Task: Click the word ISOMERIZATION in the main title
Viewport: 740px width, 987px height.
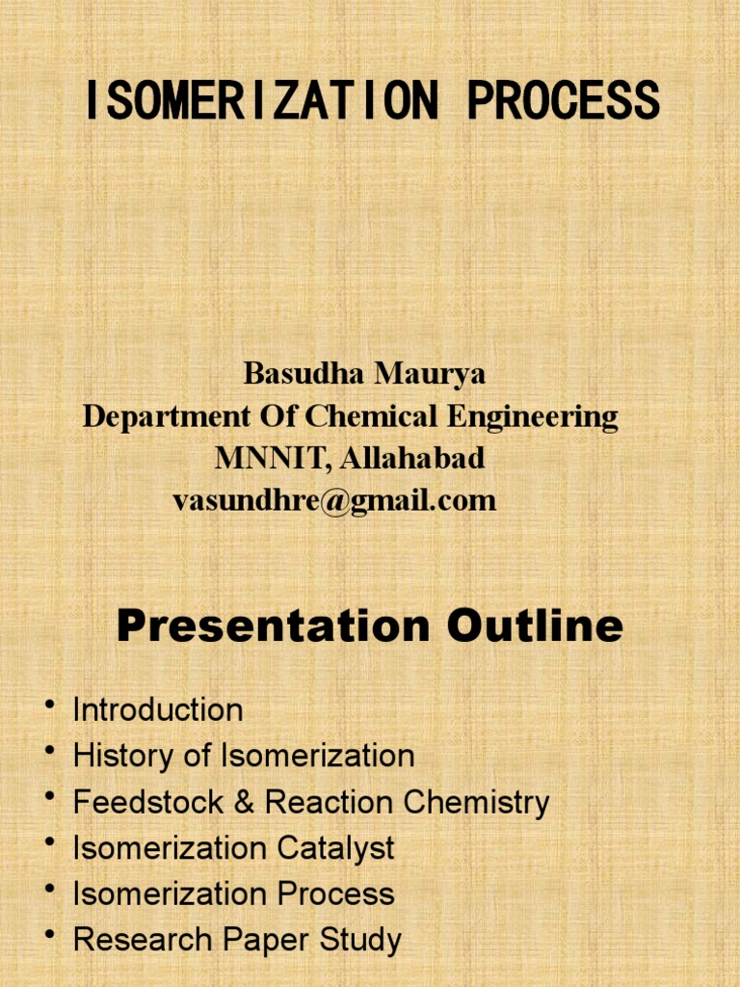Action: (x=261, y=101)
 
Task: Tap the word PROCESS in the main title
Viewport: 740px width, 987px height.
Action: (x=565, y=101)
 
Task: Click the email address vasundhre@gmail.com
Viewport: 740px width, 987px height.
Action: (x=334, y=501)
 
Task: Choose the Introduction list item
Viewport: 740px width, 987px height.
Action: (x=158, y=710)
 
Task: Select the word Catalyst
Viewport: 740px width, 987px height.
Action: (x=336, y=848)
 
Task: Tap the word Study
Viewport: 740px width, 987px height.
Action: (x=366, y=941)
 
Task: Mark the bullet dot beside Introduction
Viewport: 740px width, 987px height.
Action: (x=49, y=708)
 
